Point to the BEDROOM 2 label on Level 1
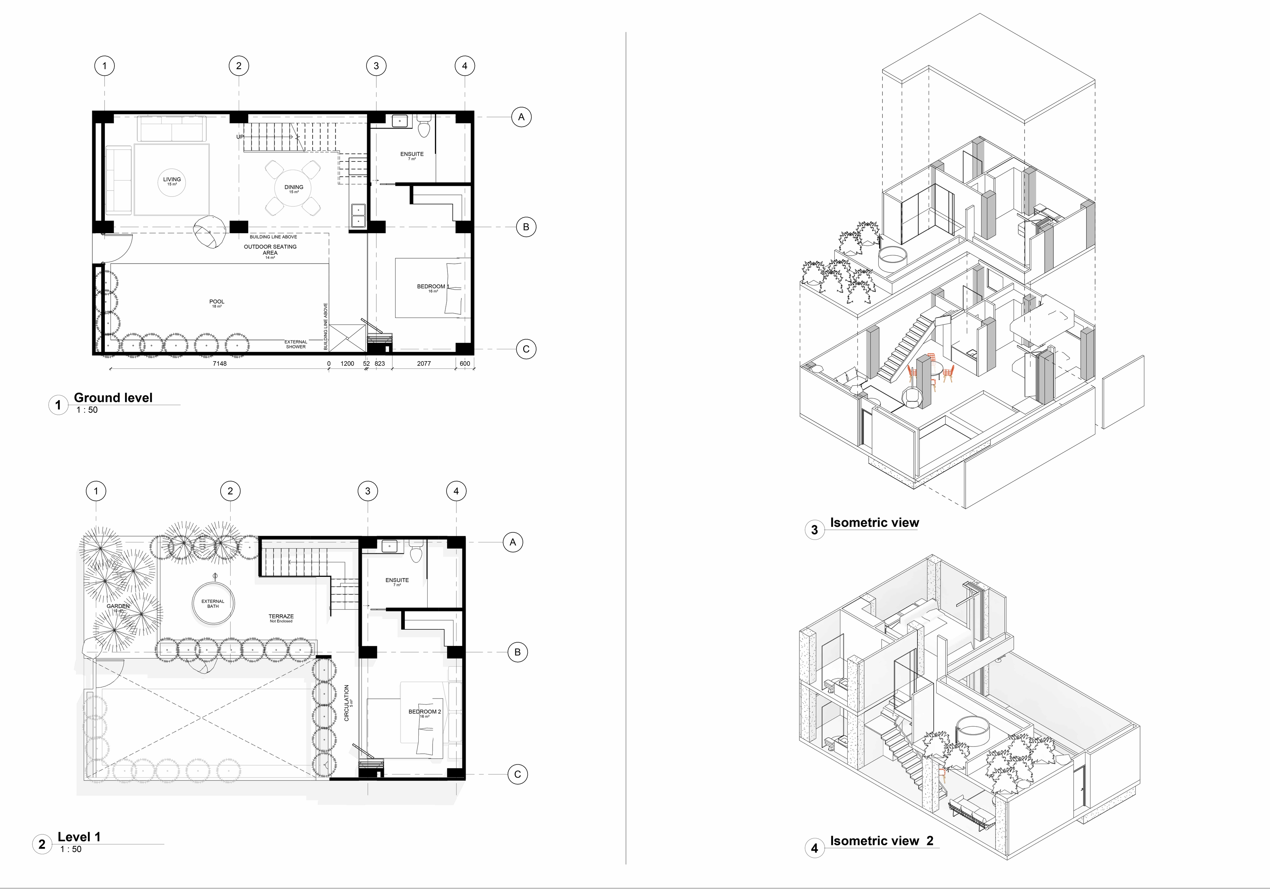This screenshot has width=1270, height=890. (424, 712)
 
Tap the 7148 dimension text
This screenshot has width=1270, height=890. (220, 363)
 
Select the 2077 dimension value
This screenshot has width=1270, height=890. (424, 363)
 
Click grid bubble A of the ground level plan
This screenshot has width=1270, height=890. (521, 117)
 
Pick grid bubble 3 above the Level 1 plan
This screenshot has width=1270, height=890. (368, 490)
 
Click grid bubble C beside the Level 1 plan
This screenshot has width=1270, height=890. (517, 774)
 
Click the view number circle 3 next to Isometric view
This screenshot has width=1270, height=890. (814, 530)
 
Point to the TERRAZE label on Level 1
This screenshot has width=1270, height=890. (281, 616)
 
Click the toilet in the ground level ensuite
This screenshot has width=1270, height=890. (424, 128)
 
